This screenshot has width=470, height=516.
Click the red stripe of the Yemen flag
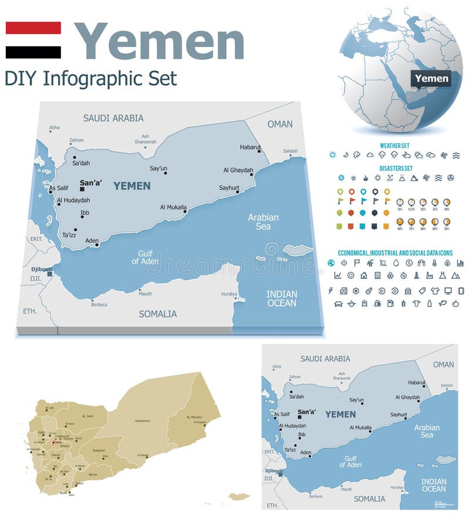33,28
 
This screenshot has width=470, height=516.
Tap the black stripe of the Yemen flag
33,52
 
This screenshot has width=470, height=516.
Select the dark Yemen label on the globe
431,78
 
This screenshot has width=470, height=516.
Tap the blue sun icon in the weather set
333,155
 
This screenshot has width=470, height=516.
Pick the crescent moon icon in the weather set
346,155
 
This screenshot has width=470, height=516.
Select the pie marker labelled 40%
447,202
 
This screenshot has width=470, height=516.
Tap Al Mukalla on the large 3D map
174,207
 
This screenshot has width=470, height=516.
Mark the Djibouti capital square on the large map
50,274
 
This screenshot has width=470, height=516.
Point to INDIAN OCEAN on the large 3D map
281,298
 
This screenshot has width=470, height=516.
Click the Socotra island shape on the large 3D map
297,250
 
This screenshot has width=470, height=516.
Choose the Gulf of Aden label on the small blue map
350,461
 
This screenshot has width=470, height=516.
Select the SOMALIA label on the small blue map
369,499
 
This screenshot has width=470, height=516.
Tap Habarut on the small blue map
417,383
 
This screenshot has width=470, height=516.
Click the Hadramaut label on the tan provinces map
143,421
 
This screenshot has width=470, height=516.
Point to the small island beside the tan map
239,497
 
